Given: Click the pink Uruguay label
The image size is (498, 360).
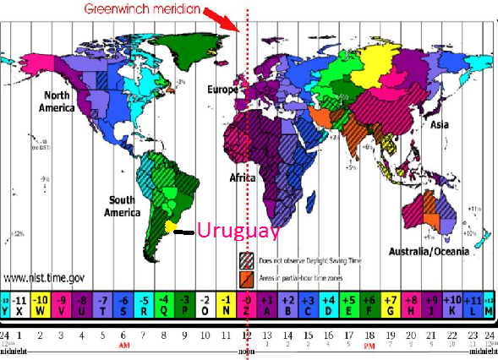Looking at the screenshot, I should pos(238,230).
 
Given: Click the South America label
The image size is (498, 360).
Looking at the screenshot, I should pos(123,205).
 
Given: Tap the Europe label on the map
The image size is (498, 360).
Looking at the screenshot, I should pos(224,89).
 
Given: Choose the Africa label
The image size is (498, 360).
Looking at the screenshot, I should pos(244,178).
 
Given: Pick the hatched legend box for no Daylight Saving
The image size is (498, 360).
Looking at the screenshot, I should pos(247,259).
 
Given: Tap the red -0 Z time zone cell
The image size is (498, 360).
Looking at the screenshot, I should pos(247,303).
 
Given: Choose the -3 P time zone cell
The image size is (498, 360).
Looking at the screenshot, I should pos(185,303).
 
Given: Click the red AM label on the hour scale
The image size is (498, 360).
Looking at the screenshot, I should pos(123,347).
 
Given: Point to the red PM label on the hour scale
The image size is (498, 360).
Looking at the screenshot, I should pos(369,347).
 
